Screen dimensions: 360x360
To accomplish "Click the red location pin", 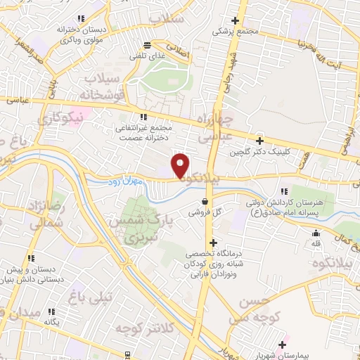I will click(181, 165).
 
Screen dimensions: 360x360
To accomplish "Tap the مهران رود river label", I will click(127, 182).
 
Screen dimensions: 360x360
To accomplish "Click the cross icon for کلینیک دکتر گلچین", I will click(259, 141).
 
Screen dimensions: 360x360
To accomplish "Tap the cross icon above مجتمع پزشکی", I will click(235, 21).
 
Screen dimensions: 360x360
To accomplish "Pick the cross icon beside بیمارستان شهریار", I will click(283, 345).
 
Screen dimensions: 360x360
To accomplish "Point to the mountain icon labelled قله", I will click(317, 233).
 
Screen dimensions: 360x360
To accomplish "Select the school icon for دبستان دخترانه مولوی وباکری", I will click(82, 18).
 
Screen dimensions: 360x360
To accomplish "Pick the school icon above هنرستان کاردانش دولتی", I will click(283, 191).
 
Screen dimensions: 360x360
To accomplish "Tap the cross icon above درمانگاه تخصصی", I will click(213, 243).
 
